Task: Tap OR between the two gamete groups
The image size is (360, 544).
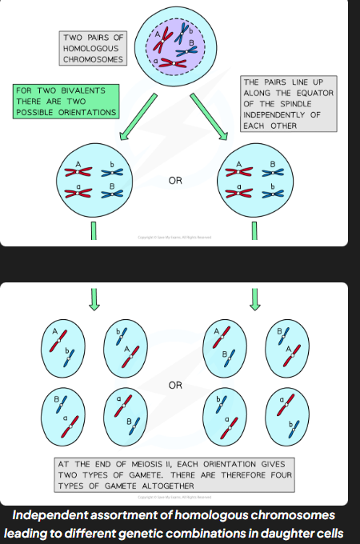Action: [175, 385]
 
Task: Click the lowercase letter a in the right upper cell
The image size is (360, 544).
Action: [238, 186]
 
